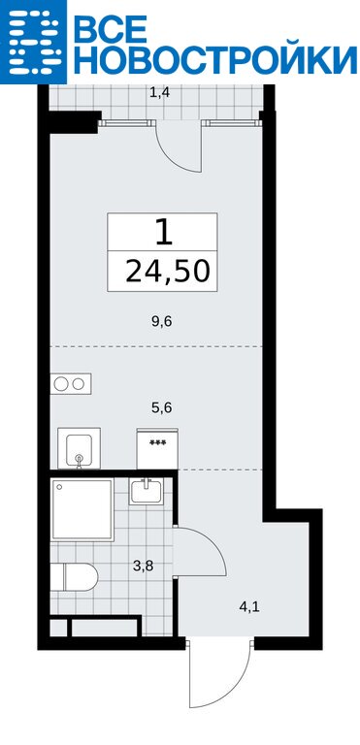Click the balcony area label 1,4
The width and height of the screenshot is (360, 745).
(x=159, y=93)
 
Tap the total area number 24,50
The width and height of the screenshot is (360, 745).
(x=167, y=272)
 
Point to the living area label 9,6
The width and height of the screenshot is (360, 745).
(x=161, y=322)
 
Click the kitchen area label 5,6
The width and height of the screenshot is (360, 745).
(x=161, y=407)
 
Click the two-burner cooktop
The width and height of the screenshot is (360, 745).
(x=71, y=384)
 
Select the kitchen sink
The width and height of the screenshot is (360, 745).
(x=79, y=448)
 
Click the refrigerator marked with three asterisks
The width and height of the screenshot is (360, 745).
(x=157, y=448)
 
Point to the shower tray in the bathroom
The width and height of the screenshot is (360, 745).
(x=82, y=509)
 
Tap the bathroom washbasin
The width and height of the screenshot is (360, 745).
(x=146, y=491)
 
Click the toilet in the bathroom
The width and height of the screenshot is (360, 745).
(x=74, y=577)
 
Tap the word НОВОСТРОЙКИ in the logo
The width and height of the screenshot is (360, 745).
(x=215, y=59)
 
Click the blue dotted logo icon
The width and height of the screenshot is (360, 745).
(x=33, y=42)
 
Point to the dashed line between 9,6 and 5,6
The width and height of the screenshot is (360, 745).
(x=156, y=347)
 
